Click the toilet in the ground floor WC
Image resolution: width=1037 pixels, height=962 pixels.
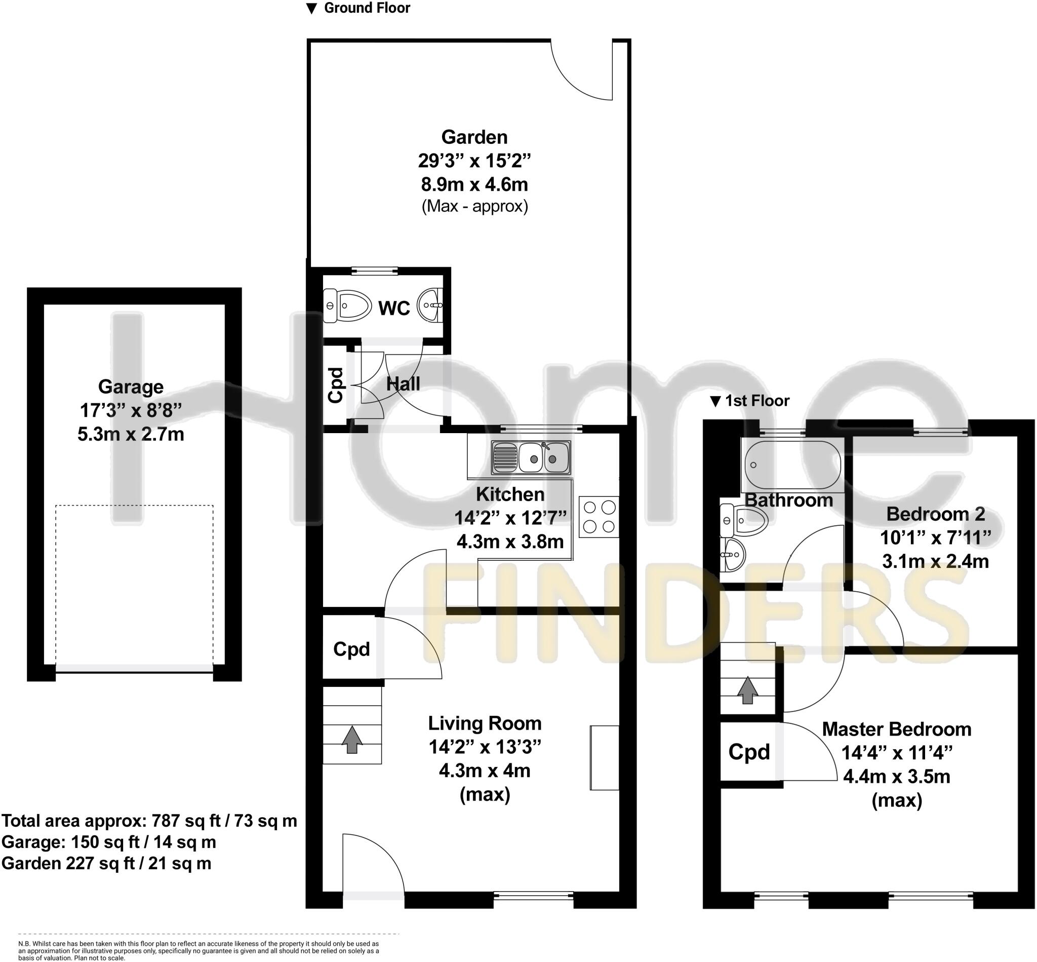click(347, 305)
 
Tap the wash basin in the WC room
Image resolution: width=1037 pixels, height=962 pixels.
click(431, 305)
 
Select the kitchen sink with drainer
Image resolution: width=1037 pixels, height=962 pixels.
click(531, 457)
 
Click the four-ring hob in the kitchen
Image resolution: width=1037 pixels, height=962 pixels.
click(599, 516)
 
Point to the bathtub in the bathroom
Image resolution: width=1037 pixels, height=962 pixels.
click(792, 465)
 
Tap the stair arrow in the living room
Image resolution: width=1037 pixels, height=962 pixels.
click(352, 739)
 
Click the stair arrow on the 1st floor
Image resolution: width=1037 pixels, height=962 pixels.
click(747, 690)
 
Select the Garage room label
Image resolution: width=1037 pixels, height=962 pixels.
click(131, 387)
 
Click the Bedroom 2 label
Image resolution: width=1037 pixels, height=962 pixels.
click(935, 514)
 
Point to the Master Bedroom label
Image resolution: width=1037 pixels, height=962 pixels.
click(896, 729)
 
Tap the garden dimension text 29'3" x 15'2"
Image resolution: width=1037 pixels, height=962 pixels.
click(474, 161)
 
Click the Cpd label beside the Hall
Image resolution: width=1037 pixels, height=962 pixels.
click(336, 384)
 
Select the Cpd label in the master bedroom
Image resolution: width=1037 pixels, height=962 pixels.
click(748, 752)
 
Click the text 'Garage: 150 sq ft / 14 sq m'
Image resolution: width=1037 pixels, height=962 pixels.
click(109, 842)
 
